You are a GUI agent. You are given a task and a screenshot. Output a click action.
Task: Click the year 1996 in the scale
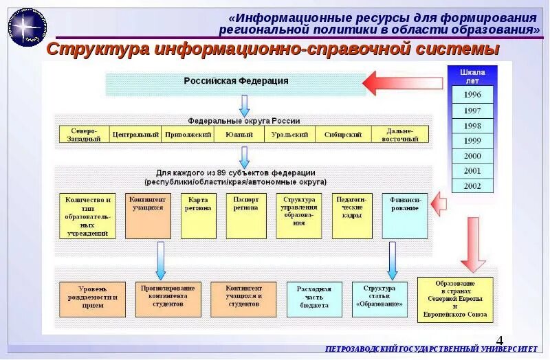click(x=472, y=94)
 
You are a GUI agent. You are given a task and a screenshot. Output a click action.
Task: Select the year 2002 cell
click(x=472, y=185)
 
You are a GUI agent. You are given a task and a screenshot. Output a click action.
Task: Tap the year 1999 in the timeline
click(x=472, y=140)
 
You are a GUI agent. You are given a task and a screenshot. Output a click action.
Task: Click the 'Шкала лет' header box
click(x=472, y=76)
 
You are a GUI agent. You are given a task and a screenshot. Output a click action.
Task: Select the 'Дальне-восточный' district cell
click(x=399, y=134)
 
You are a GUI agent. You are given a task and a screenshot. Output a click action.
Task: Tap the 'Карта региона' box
click(x=197, y=215)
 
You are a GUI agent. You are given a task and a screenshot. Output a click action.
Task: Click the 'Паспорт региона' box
click(x=245, y=215)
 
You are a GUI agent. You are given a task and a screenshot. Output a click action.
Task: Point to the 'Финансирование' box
click(x=404, y=215)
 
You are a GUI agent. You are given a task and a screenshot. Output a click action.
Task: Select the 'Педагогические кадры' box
click(x=353, y=215)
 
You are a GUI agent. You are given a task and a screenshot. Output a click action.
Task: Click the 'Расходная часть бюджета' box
click(x=313, y=300)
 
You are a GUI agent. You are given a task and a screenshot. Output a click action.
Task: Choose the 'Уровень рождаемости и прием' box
click(x=92, y=300)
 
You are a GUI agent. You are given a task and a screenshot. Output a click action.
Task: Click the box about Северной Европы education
click(x=454, y=300)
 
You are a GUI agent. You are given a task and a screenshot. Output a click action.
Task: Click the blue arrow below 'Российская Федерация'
click(x=244, y=105)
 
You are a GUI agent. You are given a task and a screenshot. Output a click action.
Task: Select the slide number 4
click(x=499, y=339)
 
